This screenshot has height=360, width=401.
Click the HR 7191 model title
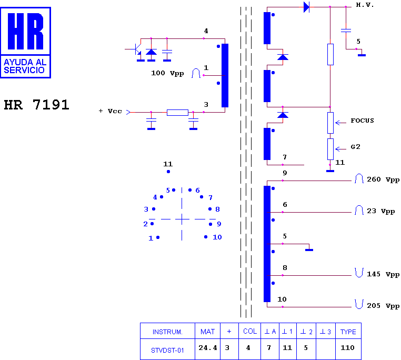pyautogui.click(x=36, y=105)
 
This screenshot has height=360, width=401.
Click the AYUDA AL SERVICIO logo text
pyautogui.click(x=25, y=66)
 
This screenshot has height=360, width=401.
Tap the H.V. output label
pyautogui.click(x=365, y=5)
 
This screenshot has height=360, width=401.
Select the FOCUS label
pyautogui.click(x=362, y=121)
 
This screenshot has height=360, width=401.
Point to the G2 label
pyautogui.click(x=355, y=147)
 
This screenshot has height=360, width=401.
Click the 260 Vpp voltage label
pyautogui.click(x=383, y=179)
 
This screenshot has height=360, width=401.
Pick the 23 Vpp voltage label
pyautogui.click(x=381, y=212)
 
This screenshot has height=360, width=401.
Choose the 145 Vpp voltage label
pyautogui.click(x=383, y=274)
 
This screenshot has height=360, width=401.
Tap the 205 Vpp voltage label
pyautogui.click(x=383, y=306)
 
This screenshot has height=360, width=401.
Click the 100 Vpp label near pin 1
pyautogui.click(x=167, y=74)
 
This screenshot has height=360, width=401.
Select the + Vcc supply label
pyautogui.click(x=110, y=111)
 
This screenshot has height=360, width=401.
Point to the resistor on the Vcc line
pyautogui.click(x=177, y=112)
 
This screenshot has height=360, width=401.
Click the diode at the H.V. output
pyautogui.click(x=306, y=7)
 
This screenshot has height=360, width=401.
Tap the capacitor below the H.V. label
pyautogui.click(x=346, y=31)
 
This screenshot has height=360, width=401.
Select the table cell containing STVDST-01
pyautogui.click(x=167, y=349)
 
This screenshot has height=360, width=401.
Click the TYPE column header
pyautogui.click(x=348, y=332)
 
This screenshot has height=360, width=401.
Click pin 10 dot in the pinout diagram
pyautogui.click(x=206, y=237)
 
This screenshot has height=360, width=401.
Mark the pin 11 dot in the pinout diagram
pyautogui.click(x=168, y=172)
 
